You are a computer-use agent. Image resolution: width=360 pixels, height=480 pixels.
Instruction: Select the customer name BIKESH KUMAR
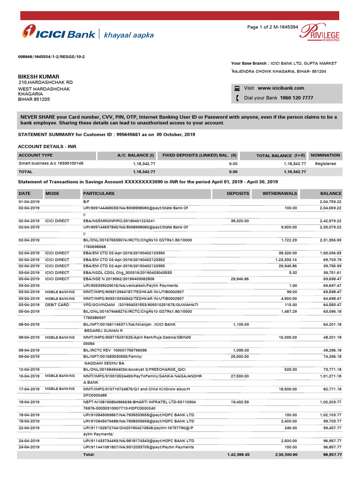(38, 76)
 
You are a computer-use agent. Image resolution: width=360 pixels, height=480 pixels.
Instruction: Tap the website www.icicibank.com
(281, 88)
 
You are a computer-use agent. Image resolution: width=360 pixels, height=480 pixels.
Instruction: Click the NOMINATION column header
(325, 155)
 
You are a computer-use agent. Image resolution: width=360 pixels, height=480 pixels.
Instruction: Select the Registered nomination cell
(325, 164)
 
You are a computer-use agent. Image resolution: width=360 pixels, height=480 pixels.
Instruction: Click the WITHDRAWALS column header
(279, 193)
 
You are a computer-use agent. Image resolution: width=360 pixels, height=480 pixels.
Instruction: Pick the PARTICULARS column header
(98, 193)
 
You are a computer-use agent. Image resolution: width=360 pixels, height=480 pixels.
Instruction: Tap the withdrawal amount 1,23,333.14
(284, 259)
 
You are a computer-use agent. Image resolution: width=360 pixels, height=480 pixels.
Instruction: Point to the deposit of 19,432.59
(238, 402)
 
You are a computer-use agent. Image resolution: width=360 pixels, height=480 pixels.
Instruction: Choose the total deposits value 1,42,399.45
(238, 455)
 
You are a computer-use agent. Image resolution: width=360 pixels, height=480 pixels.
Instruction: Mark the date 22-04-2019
(29, 428)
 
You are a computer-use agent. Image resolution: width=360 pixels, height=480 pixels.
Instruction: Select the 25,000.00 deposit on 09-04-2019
(238, 357)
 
